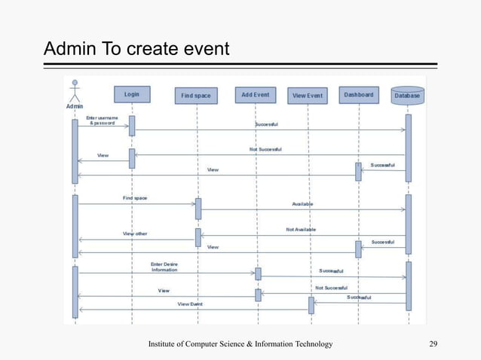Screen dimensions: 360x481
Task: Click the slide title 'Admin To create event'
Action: click(x=136, y=50)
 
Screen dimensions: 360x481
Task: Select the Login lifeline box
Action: click(x=132, y=94)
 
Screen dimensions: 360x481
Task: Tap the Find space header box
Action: click(x=197, y=96)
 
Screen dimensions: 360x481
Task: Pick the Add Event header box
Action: click(x=256, y=95)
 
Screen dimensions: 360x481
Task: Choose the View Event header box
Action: click(x=308, y=96)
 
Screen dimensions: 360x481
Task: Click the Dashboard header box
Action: click(x=359, y=95)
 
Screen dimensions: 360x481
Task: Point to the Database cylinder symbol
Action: click(x=407, y=96)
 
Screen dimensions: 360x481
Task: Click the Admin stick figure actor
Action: click(x=74, y=90)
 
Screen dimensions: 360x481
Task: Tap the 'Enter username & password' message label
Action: click(x=102, y=121)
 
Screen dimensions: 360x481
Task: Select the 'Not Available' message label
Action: click(x=301, y=229)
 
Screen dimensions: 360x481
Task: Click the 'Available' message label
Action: click(x=302, y=204)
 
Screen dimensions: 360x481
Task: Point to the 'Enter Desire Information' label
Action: click(x=164, y=267)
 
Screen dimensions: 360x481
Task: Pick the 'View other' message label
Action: click(x=135, y=233)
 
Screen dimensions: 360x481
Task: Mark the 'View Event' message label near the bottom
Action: click(x=190, y=304)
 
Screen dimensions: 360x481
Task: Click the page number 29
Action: click(x=433, y=344)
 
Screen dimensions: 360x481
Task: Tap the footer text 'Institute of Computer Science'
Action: click(x=240, y=344)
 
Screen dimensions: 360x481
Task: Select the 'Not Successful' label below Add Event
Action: click(x=331, y=288)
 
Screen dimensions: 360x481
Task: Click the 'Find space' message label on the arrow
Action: click(x=135, y=198)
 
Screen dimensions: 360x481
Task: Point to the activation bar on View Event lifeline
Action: click(x=311, y=304)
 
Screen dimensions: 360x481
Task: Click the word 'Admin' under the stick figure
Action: click(x=74, y=106)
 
